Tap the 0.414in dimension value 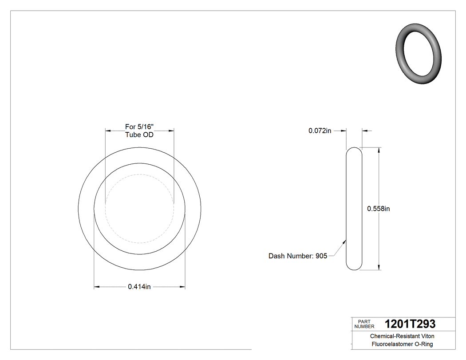(x=139, y=287)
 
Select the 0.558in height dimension (x=378, y=209)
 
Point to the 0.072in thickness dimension (x=320, y=131)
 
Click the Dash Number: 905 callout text (x=298, y=256)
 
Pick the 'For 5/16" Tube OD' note (x=139, y=131)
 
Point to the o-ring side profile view (x=354, y=208)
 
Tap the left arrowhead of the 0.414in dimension (x=96, y=287)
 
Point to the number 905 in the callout (x=321, y=256)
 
